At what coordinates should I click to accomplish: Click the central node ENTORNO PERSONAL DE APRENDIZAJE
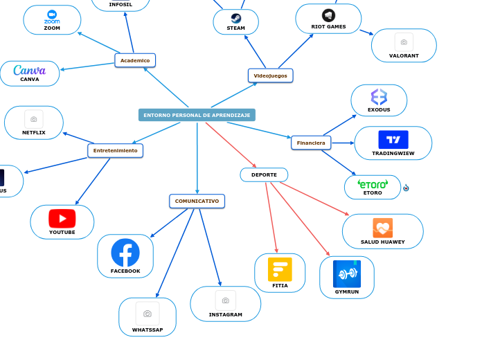tap(197, 115)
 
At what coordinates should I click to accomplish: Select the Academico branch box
tap(135, 60)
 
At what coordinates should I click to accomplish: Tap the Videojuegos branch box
tap(270, 75)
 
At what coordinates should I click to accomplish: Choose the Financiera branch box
tap(311, 143)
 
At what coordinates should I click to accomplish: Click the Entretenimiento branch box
tap(115, 150)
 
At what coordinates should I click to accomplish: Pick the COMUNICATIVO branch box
tap(197, 201)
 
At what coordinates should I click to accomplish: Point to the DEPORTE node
tap(264, 175)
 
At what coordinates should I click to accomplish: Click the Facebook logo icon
tap(125, 253)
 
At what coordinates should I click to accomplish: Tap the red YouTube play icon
tap(62, 219)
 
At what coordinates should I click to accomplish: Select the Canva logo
tap(29, 70)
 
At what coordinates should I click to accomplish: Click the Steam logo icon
tap(236, 19)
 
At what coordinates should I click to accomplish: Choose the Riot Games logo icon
tap(328, 15)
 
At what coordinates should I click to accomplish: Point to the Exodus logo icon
tap(379, 97)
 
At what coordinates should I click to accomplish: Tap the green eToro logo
tap(373, 183)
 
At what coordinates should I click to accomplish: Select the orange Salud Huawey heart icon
tap(382, 228)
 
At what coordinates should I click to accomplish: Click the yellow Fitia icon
tap(280, 269)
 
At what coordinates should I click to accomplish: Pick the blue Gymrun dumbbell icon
tap(346, 274)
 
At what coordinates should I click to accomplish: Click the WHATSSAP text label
tap(148, 330)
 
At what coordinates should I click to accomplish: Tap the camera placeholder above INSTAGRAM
tap(225, 300)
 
